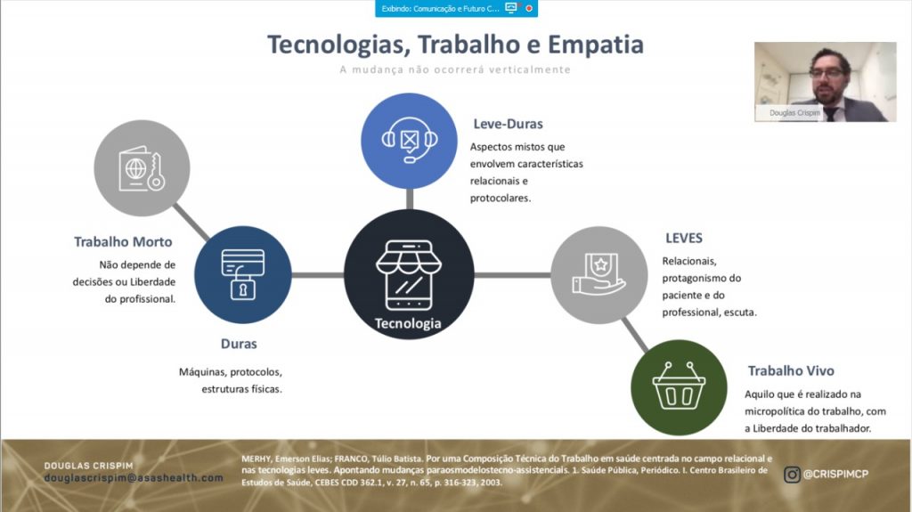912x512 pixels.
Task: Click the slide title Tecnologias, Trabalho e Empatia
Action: tap(455, 45)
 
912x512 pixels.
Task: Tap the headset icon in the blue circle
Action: tap(410, 140)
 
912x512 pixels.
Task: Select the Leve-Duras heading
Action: tap(508, 124)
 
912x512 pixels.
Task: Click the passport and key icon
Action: tap(142, 168)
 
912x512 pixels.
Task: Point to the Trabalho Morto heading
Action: tap(123, 241)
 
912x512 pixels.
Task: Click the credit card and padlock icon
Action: tap(243, 274)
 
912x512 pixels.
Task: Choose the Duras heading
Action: tap(239, 344)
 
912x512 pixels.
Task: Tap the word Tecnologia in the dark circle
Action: tap(408, 323)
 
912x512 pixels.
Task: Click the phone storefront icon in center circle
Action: tap(409, 274)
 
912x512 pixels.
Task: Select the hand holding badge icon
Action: tap(599, 274)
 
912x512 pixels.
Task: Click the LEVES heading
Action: tap(684, 238)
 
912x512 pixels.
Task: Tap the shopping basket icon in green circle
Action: tap(679, 386)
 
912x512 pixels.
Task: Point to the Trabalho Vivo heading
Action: tap(791, 370)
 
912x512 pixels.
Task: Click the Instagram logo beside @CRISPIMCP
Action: tap(792, 475)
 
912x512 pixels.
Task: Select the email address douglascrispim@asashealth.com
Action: tap(134, 477)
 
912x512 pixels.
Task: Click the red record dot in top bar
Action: tap(529, 8)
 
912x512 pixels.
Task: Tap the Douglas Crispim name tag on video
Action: tap(794, 113)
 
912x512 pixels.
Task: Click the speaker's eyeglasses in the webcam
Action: tap(826, 73)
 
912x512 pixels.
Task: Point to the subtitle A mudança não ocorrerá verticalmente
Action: tap(455, 69)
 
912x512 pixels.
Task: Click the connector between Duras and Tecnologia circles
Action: tap(318, 274)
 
